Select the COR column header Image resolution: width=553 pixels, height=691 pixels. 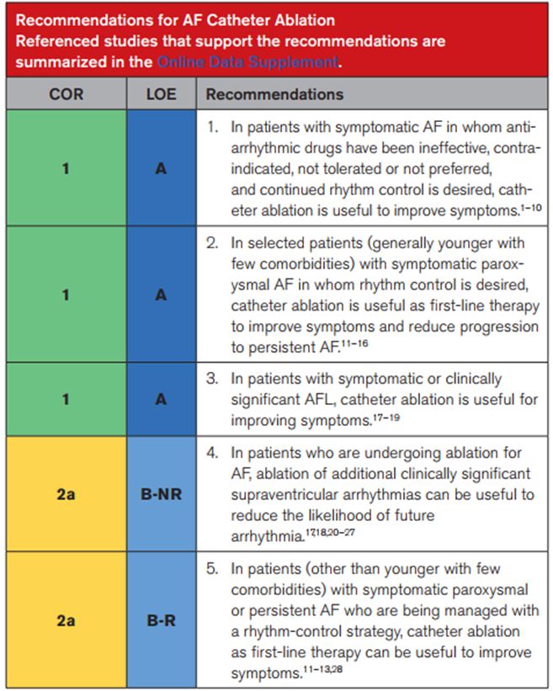click(66, 94)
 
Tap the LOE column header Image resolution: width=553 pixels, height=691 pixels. click(161, 94)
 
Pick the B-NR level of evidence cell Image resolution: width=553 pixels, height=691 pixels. click(161, 494)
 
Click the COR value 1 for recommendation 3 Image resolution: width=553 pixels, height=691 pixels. click(66, 399)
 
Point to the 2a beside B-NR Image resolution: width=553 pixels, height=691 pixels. click(66, 494)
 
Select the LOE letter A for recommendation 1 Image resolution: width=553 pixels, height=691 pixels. click(161, 168)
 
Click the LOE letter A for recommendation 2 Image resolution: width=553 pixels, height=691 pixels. click(161, 295)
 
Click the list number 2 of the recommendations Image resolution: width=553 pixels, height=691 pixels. click(212, 242)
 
